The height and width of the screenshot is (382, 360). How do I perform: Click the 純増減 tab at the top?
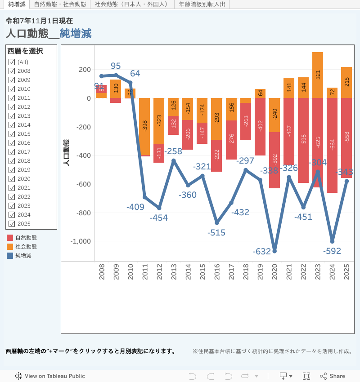(17, 4)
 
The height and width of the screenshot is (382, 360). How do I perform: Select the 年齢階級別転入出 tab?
(202, 4)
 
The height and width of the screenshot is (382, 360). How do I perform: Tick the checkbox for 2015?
(12, 134)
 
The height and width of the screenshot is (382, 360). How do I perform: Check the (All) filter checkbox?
(12, 62)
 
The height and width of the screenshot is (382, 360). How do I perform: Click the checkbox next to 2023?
(12, 206)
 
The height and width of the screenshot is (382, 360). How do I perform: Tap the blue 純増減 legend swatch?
(10, 256)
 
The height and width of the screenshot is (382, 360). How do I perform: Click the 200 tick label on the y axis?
(85, 70)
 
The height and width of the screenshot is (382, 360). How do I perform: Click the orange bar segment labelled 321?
(318, 75)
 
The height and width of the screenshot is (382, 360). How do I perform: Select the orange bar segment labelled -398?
(144, 126)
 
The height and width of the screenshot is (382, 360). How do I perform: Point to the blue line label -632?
(261, 252)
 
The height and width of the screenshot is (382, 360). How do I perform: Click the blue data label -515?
(216, 233)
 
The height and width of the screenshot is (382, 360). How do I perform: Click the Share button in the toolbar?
(333, 376)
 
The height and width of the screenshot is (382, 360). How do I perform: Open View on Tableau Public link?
(50, 376)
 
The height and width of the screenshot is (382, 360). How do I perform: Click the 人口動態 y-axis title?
(67, 153)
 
